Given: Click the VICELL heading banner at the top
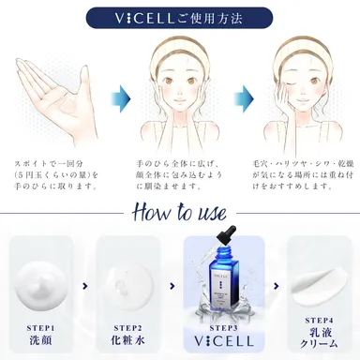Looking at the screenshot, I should click(x=179, y=17).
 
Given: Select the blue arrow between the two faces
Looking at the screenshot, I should click(x=244, y=97).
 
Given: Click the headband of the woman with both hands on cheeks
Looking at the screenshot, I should click(x=181, y=47).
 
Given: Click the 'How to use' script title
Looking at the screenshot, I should click(x=179, y=211).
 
